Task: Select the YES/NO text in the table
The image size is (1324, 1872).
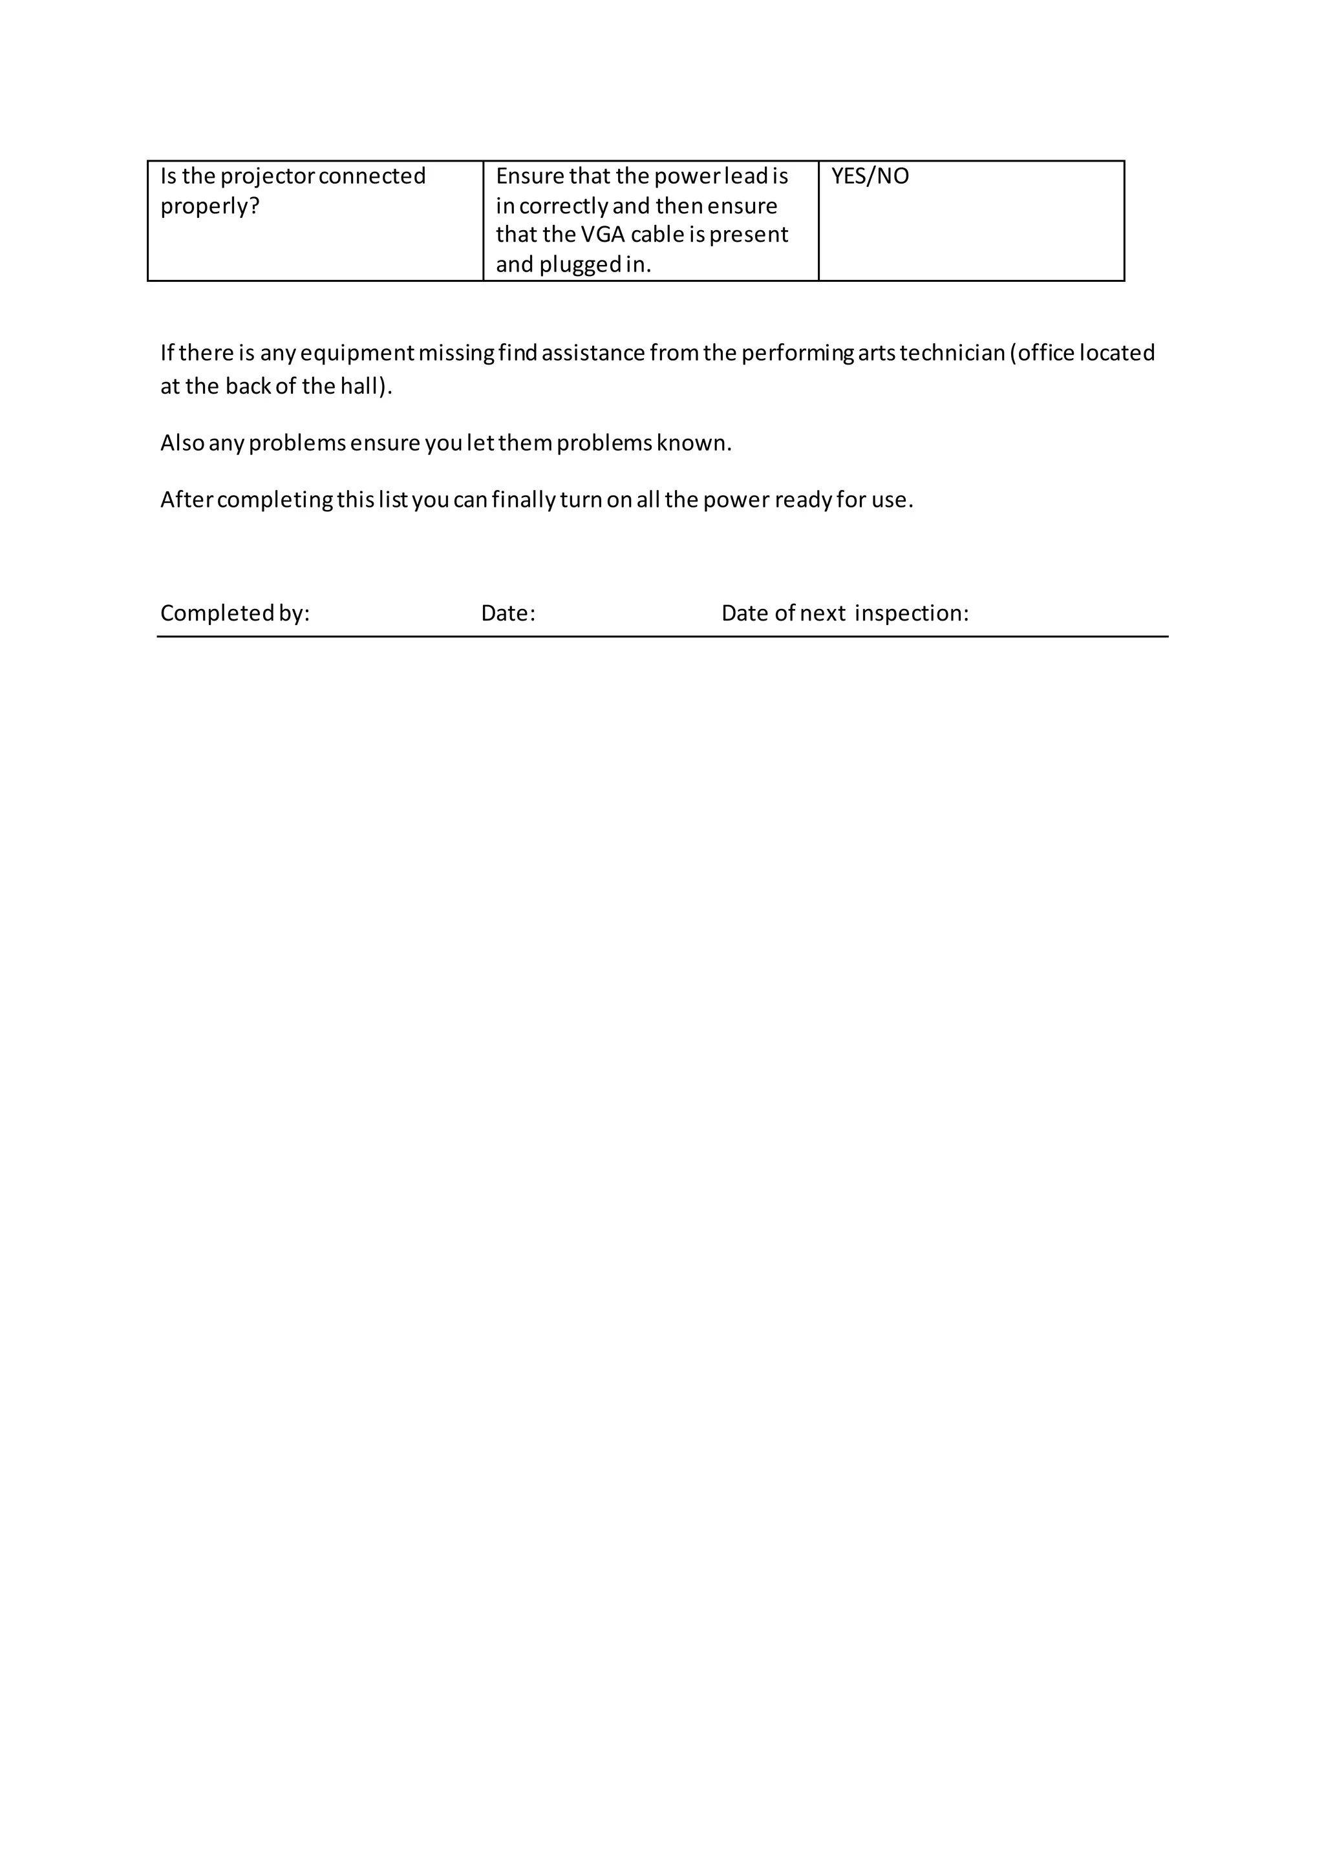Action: click(870, 176)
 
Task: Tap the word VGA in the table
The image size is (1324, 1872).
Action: click(603, 235)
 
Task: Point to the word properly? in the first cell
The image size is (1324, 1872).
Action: click(209, 206)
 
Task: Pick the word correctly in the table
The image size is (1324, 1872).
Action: click(563, 206)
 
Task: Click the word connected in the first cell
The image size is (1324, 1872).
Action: click(372, 176)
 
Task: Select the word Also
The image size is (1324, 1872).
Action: click(182, 443)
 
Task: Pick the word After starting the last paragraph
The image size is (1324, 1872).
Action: click(186, 500)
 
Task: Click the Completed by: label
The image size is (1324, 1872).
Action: click(235, 613)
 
